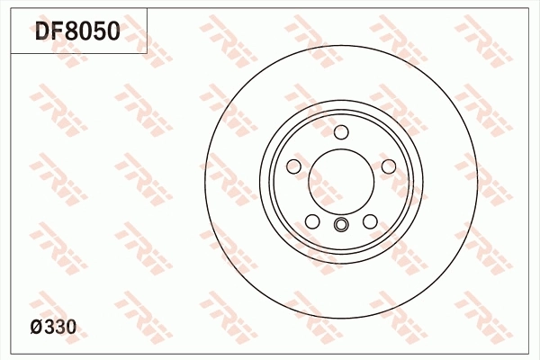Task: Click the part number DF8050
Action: [x=76, y=32]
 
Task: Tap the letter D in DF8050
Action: [x=43, y=32]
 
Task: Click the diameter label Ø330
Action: [x=53, y=328]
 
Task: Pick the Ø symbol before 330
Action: [x=37, y=328]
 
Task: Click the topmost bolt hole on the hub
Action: [x=341, y=133]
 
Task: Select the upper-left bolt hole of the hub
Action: [x=293, y=167]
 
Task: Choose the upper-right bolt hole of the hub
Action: [x=389, y=167]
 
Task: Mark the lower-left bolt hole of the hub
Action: [x=312, y=222]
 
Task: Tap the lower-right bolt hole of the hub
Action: [x=370, y=222]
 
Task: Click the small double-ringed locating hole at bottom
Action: [x=341, y=225]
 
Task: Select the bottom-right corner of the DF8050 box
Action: [x=147, y=53]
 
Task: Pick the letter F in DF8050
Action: [x=57, y=32]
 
